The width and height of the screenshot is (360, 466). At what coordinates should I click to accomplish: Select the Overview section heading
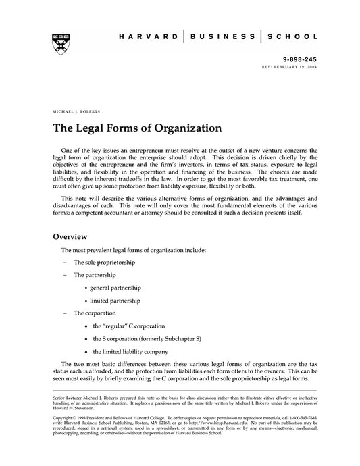click(71, 237)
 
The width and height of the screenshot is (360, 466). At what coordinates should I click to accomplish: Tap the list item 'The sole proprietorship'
click(105, 261)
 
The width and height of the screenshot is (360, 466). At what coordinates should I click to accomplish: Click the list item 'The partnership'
click(95, 275)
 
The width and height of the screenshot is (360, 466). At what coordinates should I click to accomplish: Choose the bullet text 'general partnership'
click(120, 288)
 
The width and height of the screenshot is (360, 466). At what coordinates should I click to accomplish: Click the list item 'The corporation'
click(95, 313)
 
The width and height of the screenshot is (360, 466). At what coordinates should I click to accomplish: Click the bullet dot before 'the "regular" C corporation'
click(85, 326)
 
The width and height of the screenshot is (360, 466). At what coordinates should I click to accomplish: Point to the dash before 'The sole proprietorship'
click(64, 261)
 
